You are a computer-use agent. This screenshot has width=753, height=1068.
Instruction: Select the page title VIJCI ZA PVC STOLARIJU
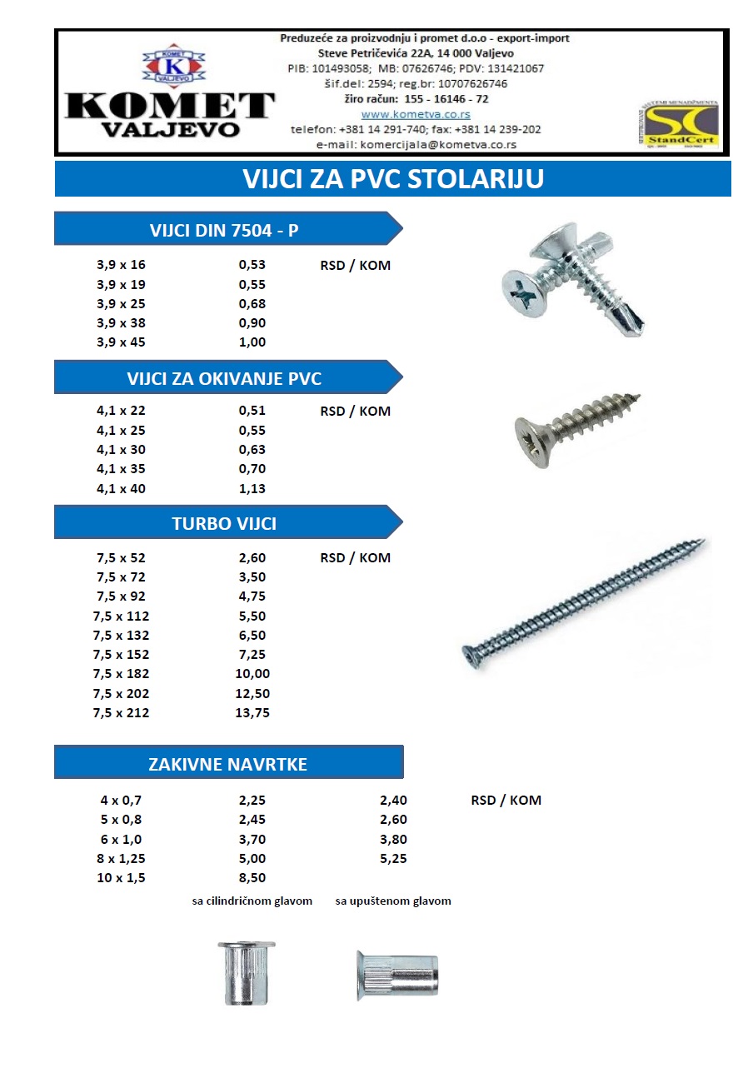coord(392,179)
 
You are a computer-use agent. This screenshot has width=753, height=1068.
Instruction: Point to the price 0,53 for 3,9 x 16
coord(252,265)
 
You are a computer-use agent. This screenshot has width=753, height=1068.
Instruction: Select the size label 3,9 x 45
coord(121,342)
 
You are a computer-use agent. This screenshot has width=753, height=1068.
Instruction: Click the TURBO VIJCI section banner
coord(223,523)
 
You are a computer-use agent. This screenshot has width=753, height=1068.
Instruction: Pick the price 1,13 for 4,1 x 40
coord(252,489)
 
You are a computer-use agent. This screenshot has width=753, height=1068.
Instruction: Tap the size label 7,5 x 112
coord(121,616)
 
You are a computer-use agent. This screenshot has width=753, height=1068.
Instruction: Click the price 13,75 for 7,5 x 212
coord(252,712)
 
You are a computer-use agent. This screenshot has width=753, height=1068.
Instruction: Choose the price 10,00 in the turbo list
coord(252,673)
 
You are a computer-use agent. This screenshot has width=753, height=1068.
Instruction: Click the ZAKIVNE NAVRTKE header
coord(227,763)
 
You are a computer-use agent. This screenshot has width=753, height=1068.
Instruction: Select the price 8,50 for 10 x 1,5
coord(252,877)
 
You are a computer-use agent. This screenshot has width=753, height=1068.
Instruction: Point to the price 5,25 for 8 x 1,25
coord(393,858)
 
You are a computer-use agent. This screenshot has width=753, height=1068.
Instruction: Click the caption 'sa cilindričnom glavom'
coord(252,901)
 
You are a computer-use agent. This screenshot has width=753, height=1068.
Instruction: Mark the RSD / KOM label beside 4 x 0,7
coord(506,800)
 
